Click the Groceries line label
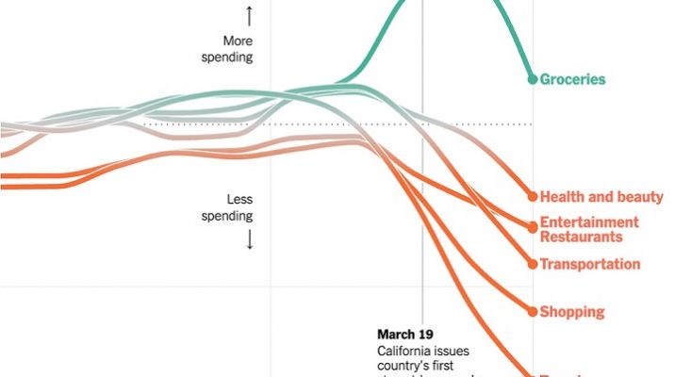point(572,80)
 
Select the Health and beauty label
point(601,198)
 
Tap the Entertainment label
point(589,222)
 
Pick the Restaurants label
point(582,237)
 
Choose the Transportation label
point(590,265)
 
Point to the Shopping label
point(572,312)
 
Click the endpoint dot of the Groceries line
point(533,79)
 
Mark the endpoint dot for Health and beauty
point(533,197)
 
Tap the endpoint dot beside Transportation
point(533,264)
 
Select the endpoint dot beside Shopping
point(533,311)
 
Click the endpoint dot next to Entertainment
point(533,224)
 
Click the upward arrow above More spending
point(250,16)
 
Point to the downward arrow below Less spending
point(250,239)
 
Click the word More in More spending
point(239,41)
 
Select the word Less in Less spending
point(240,200)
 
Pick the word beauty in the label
point(641,198)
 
